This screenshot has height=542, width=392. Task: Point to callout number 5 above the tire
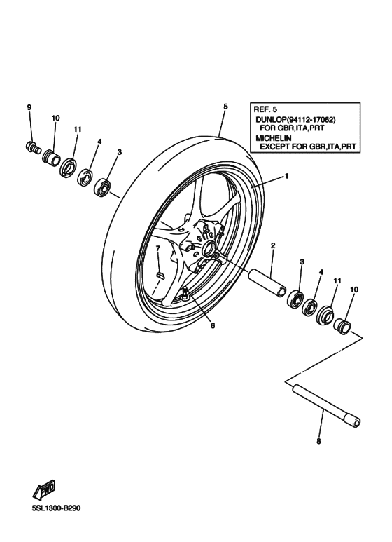(225, 107)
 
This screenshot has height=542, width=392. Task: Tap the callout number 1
(286, 177)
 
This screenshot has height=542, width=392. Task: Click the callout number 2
(272, 245)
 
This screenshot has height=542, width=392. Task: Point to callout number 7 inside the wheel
(158, 249)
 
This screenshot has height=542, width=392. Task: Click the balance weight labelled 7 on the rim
(159, 274)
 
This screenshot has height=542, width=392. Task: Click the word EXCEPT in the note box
(280, 147)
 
